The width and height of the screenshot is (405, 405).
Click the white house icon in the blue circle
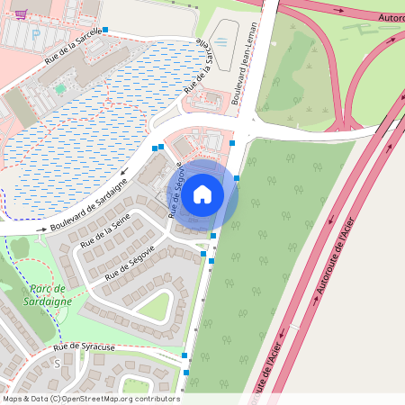(202, 193)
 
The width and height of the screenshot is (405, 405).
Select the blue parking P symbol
(36, 34)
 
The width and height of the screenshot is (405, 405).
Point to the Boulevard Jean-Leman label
(244, 64)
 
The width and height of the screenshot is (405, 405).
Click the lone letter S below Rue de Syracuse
(57, 364)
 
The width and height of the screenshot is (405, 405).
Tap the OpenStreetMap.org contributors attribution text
(121, 399)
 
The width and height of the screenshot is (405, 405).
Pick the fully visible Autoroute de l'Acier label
(333, 261)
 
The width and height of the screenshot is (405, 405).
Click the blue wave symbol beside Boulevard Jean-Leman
(222, 41)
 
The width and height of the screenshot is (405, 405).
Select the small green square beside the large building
(60, 88)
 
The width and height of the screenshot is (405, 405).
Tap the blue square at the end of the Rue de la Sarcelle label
(106, 30)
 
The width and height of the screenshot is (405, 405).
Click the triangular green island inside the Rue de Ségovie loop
(154, 307)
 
